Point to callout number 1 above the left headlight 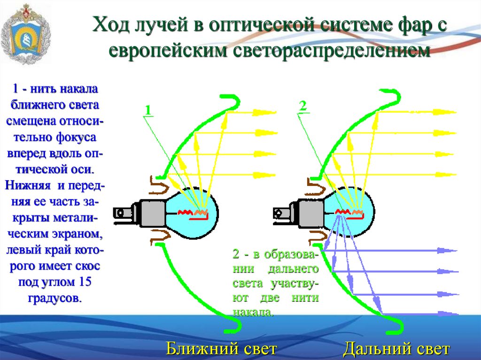(x=147, y=110)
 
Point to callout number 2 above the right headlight (x=303, y=106)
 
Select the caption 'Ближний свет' (x=220, y=349)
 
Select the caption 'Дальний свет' (x=396, y=349)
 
